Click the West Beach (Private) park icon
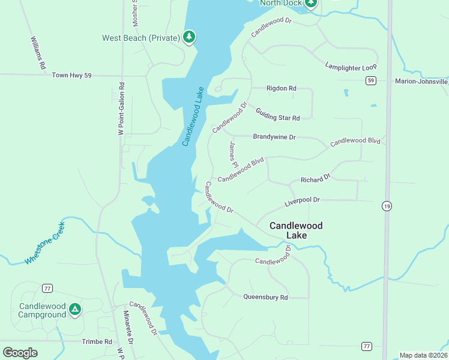pyautogui.click(x=189, y=37)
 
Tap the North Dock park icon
pyautogui.click(x=310, y=3)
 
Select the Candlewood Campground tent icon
pyautogui.click(x=74, y=310)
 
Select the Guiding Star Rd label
pyautogui.click(x=277, y=113)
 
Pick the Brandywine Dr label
pyautogui.click(x=274, y=137)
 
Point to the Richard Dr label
pyautogui.click(x=315, y=179)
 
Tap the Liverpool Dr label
pyautogui.click(x=302, y=200)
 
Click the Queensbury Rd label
pyautogui.click(x=265, y=297)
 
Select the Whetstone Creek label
pyautogui.click(x=44, y=243)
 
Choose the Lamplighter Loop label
pyautogui.click(x=351, y=66)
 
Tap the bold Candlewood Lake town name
pyautogui.click(x=296, y=230)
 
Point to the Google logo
pyautogui.click(x=20, y=353)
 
